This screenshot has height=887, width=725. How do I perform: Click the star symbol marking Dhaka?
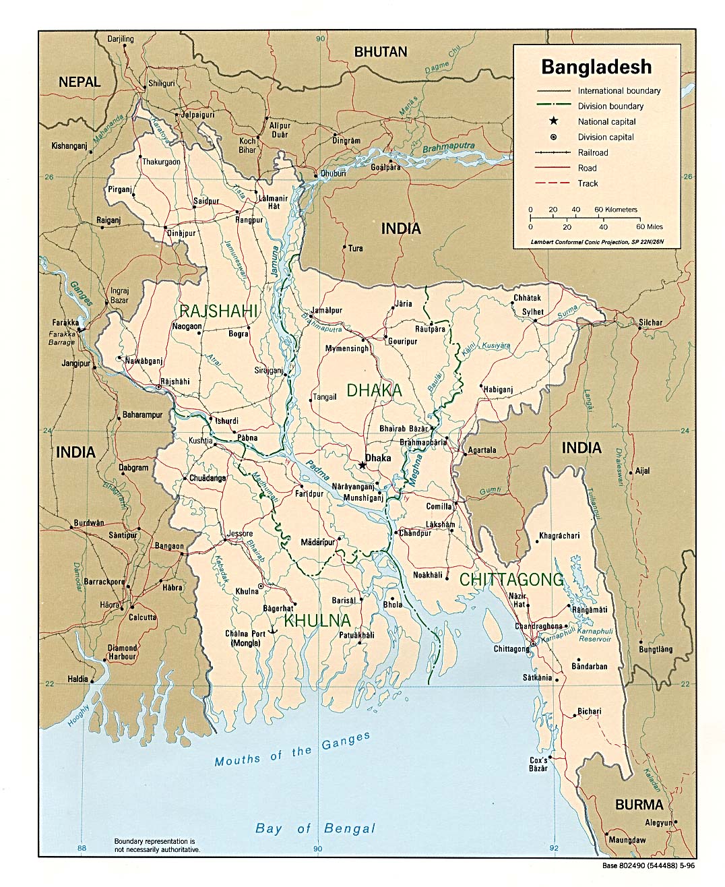(x=362, y=465)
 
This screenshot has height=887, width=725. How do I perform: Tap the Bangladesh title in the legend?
(x=596, y=67)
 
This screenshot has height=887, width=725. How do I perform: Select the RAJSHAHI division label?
(x=218, y=311)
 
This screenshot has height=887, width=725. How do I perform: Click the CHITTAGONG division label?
(x=511, y=579)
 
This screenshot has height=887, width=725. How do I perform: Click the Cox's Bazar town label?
(x=537, y=764)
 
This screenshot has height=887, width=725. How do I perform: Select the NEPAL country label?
(x=80, y=82)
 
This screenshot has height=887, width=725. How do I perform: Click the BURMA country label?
(x=639, y=805)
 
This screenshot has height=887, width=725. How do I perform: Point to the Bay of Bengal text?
(x=315, y=828)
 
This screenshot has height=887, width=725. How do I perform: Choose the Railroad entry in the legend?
(x=592, y=152)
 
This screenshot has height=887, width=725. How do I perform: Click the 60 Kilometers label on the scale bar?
(x=616, y=210)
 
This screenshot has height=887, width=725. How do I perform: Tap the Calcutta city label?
(x=143, y=617)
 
